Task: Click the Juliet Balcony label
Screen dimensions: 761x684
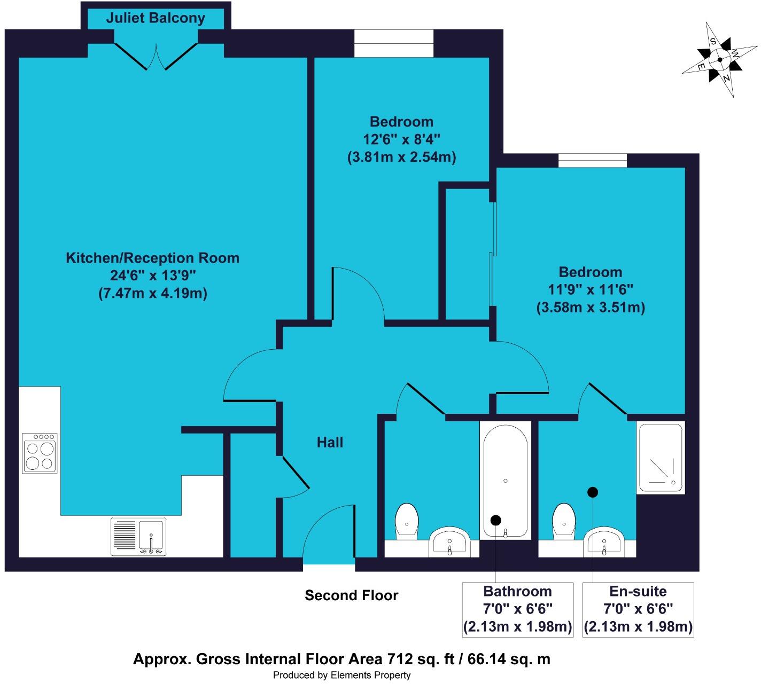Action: pos(156,18)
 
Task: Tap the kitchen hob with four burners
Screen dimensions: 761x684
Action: pos(40,453)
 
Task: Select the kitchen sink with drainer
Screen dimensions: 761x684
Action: pos(138,537)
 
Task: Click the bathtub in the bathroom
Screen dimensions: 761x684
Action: pos(506,481)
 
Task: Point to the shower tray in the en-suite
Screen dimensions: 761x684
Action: pos(661,458)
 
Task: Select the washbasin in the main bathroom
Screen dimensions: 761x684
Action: pos(449,542)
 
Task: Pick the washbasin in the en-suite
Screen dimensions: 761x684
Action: pos(604,542)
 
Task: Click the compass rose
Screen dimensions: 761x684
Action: pos(720,59)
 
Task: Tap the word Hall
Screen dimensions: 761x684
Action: pos(330,443)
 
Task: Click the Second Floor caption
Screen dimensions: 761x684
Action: pos(352,596)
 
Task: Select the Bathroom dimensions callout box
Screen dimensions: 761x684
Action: pos(517,610)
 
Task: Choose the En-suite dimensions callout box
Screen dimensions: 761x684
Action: pos(638,610)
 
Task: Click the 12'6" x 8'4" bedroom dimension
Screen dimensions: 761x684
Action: pos(401,139)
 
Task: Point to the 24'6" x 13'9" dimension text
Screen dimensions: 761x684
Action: pos(153,276)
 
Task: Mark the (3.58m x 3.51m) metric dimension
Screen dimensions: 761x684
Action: pos(591,308)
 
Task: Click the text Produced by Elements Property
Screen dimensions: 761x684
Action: pos(342,675)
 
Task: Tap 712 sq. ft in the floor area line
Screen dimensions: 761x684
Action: pos(421,659)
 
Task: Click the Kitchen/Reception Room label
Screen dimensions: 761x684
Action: pos(152,258)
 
